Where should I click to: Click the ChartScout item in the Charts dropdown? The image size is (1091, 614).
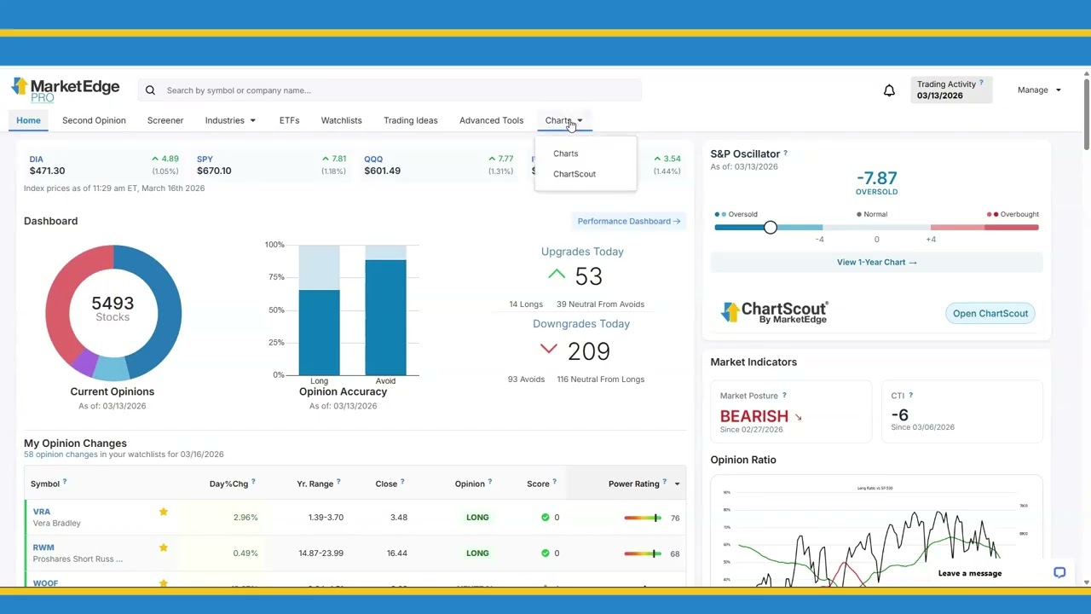click(574, 174)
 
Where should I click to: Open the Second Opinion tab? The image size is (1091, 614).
click(94, 120)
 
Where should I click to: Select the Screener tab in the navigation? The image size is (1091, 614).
click(165, 120)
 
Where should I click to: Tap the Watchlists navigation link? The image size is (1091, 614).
click(341, 120)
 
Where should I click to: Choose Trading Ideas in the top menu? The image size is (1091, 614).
click(410, 120)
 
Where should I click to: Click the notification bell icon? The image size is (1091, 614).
click(889, 90)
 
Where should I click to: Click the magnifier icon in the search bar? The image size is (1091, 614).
click(150, 90)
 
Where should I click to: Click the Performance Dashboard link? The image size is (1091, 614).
click(628, 221)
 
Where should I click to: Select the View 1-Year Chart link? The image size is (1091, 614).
click(876, 262)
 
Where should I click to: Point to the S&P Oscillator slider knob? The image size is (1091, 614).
click(771, 228)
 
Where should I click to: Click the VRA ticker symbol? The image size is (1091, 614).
click(42, 512)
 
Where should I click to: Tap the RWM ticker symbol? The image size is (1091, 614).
click(43, 547)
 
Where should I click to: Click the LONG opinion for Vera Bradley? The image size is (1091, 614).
click(477, 518)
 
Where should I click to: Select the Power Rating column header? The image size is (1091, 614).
click(634, 484)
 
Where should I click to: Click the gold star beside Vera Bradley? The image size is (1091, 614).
click(163, 512)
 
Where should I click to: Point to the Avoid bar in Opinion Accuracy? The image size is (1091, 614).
click(385, 316)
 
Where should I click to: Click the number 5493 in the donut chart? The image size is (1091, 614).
click(113, 303)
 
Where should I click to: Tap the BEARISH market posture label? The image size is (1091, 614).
click(754, 416)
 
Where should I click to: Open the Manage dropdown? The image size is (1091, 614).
click(1038, 90)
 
